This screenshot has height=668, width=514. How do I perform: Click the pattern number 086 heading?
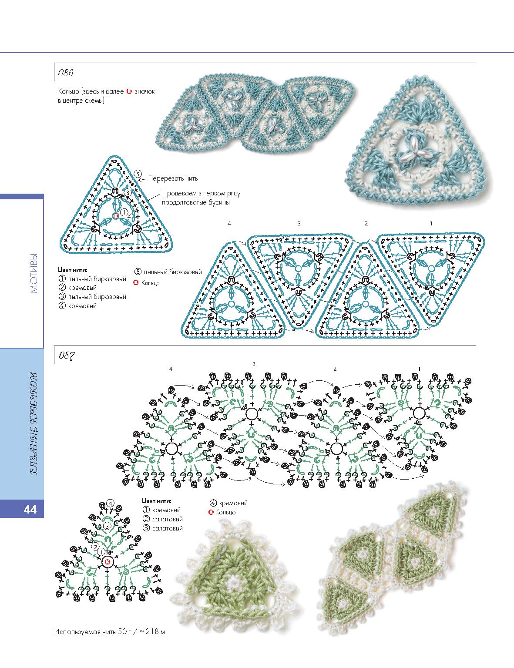tap(65, 73)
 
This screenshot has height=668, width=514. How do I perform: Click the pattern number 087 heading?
tap(67, 356)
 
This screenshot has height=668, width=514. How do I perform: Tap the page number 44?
tap(30, 509)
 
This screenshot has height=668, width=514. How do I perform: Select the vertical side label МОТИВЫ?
tap(34, 273)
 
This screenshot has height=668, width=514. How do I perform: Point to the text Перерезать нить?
tap(173, 178)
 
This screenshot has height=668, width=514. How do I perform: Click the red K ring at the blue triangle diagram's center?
tap(116, 216)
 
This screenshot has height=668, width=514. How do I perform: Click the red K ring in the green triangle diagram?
tap(108, 562)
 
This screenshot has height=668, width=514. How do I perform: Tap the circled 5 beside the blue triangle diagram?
tap(138, 174)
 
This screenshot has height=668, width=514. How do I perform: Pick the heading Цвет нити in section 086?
tap(73, 270)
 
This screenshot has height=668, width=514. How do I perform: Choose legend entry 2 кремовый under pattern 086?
tap(77, 288)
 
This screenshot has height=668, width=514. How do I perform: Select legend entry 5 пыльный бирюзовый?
tap(168, 272)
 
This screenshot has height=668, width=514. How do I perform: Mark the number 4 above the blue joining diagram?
tap(229, 224)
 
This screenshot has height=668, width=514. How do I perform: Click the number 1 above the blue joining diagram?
tap(431, 224)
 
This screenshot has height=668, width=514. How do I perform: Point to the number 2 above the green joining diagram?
tap(335, 369)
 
